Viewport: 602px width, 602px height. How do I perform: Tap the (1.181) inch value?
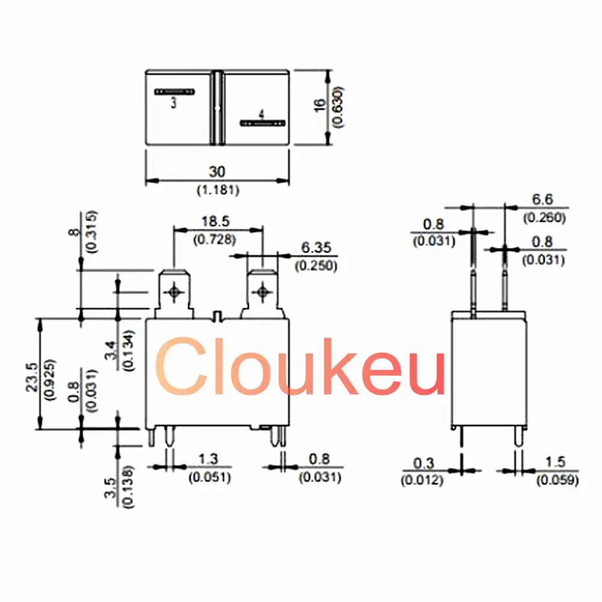pyautogui.click(x=217, y=190)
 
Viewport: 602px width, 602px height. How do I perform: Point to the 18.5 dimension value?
pyautogui.click(x=217, y=222)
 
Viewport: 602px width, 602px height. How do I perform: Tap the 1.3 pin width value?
pyautogui.click(x=208, y=460)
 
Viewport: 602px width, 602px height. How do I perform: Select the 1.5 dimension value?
pyautogui.click(x=556, y=462)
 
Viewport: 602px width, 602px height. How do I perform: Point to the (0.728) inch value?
pyautogui.click(x=217, y=239)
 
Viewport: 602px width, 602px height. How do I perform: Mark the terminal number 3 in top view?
pyautogui.click(x=173, y=104)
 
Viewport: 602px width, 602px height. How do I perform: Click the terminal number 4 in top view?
pyautogui.click(x=261, y=114)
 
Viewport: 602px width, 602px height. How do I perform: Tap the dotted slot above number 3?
pyautogui.click(x=175, y=92)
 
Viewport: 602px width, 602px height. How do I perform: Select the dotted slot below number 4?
pyautogui.click(x=262, y=123)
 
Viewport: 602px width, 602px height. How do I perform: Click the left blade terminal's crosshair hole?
pyautogui.click(x=175, y=291)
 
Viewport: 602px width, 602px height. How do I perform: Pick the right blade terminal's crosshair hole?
pyautogui.click(x=262, y=291)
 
